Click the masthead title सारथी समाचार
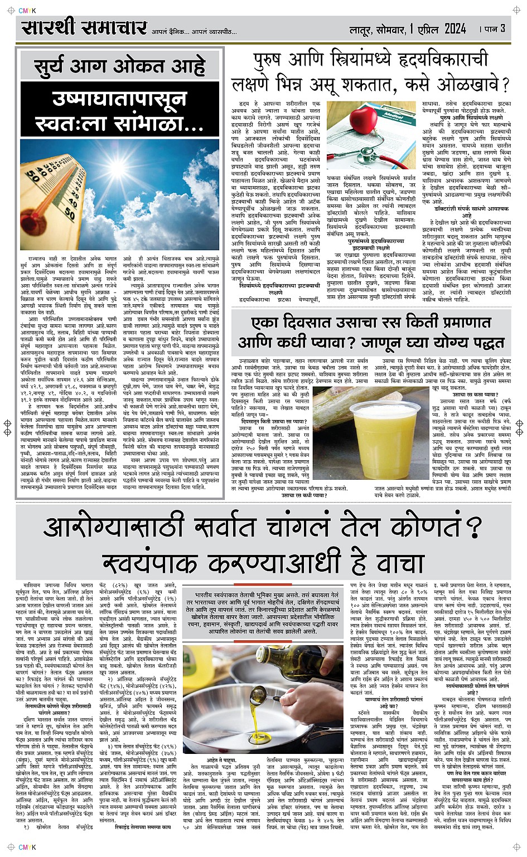[x=84, y=28]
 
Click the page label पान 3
[x=495, y=28]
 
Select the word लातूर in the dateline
[x=361, y=29]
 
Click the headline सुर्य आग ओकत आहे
[x=119, y=65]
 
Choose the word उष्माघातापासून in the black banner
[x=119, y=100]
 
